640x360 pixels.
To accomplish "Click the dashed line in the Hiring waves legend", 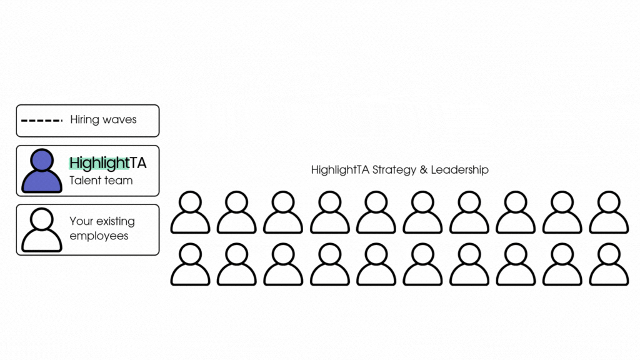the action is (x=41, y=120).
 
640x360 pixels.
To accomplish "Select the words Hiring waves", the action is (x=103, y=119).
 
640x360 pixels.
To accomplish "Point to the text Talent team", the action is (x=101, y=181).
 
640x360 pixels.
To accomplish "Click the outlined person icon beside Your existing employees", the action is (x=42, y=229).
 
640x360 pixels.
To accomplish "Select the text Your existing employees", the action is (x=102, y=229).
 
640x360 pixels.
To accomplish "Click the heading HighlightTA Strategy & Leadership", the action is (x=399, y=169).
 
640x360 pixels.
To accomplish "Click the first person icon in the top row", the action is (x=190, y=212).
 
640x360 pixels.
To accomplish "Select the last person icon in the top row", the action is (x=609, y=212).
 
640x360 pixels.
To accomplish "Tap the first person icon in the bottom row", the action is (x=190, y=264).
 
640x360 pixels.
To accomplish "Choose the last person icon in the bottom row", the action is (x=609, y=264).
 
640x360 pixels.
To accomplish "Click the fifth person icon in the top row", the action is (x=376, y=212).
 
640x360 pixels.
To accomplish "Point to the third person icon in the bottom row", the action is (x=283, y=264).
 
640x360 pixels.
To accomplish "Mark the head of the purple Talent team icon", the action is (x=42, y=160).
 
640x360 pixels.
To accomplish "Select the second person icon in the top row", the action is (x=237, y=212).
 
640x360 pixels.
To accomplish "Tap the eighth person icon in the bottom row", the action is (x=516, y=264).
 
